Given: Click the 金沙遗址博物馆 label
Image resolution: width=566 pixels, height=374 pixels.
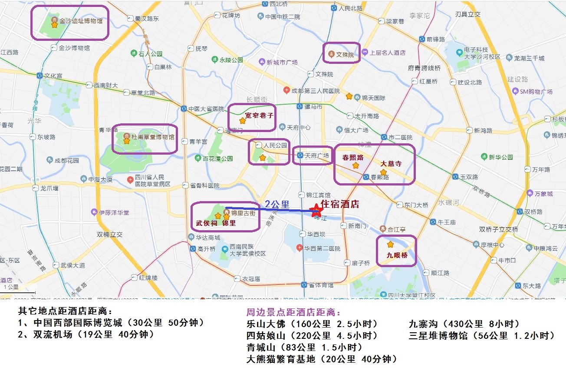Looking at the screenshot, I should pyautogui.click(x=81, y=21).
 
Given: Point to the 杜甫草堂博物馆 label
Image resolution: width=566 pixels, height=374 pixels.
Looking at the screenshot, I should pyautogui.click(x=153, y=137).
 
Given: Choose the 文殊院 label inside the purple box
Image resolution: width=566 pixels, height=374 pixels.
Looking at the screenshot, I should pyautogui.click(x=346, y=55).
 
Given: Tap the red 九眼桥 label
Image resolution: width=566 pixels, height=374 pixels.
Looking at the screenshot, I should pyautogui.click(x=397, y=255).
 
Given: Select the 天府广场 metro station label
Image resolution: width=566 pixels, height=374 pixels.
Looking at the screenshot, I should pyautogui.click(x=317, y=155).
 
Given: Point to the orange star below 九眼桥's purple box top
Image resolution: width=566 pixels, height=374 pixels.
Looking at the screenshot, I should pyautogui.click(x=390, y=245).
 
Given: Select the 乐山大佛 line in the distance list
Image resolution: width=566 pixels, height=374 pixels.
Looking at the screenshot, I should pyautogui.click(x=312, y=324).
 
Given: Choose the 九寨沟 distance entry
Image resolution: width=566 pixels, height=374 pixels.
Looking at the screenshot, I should pyautogui.click(x=464, y=324).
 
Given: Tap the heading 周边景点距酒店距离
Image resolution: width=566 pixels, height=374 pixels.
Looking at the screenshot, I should pyautogui.click(x=294, y=312).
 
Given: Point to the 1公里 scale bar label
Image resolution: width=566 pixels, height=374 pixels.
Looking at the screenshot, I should pyautogui.click(x=11, y=287).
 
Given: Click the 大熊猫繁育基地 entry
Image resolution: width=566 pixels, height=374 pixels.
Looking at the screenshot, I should pyautogui.click(x=321, y=359).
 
